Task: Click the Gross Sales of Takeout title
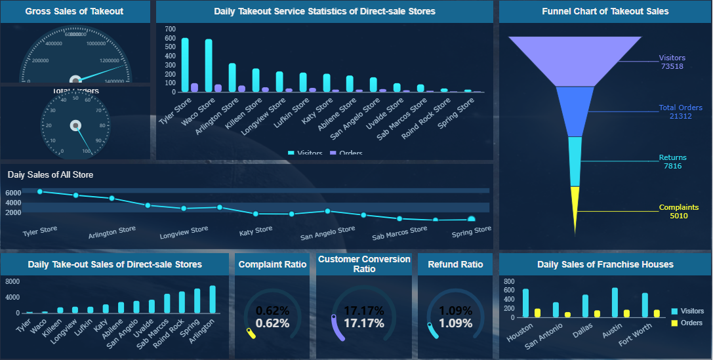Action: click(x=74, y=11)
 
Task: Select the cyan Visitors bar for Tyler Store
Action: click(x=185, y=64)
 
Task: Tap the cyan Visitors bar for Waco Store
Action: click(x=209, y=65)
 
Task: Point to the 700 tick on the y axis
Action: click(x=171, y=30)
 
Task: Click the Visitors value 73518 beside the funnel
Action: click(x=672, y=66)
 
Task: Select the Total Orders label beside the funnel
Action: click(x=680, y=108)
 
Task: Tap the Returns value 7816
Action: click(x=672, y=167)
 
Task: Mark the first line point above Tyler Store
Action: click(x=40, y=191)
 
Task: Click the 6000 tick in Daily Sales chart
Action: click(x=13, y=193)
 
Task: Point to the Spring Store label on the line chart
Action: click(x=471, y=230)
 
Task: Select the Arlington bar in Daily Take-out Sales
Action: click(x=213, y=300)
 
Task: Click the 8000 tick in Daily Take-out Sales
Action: click(x=13, y=282)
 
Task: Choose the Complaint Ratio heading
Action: click(x=272, y=265)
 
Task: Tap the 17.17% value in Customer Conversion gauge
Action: click(x=363, y=323)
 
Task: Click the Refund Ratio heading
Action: click(x=455, y=265)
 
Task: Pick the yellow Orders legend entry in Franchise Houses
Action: click(x=687, y=323)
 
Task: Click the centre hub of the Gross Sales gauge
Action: click(x=75, y=79)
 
